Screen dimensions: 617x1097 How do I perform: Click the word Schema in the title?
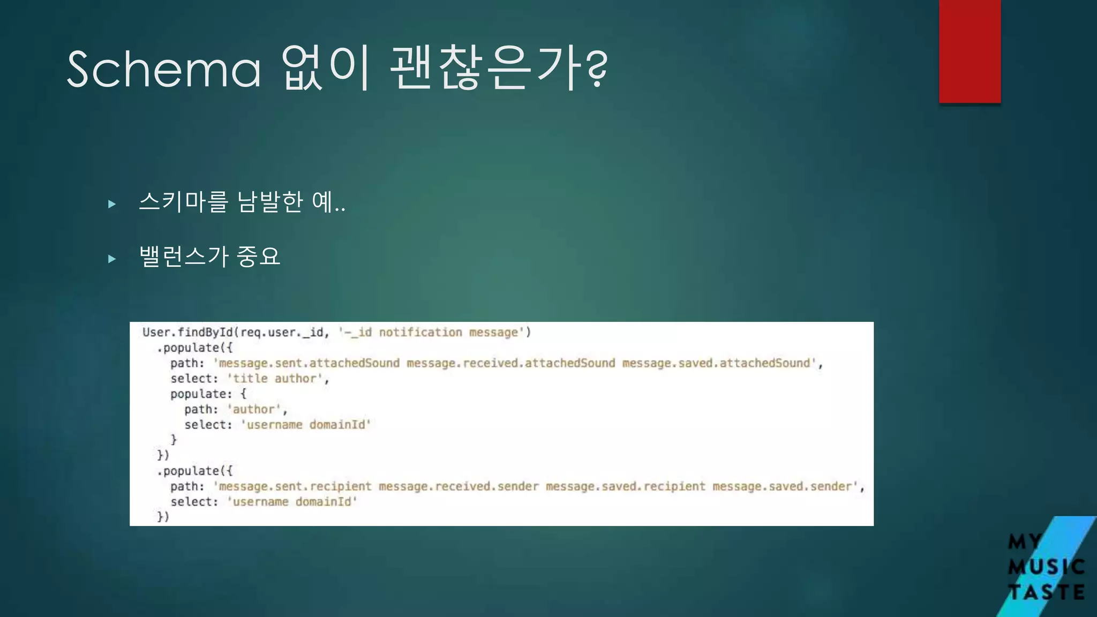click(164, 70)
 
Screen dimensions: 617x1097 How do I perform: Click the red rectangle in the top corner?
click(970, 51)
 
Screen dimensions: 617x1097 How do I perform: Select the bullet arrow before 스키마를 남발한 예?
click(112, 204)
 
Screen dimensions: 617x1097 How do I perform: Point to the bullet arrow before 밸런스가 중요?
click(112, 259)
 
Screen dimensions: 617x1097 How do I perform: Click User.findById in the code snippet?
click(187, 332)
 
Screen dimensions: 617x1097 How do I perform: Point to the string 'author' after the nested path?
click(254, 410)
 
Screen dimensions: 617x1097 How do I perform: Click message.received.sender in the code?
click(459, 486)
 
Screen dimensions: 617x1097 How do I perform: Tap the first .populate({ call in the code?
click(195, 348)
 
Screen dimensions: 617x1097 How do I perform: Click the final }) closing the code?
click(163, 517)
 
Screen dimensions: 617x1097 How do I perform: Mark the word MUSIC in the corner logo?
click(1046, 567)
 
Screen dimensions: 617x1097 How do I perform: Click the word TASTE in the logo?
click(1046, 592)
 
